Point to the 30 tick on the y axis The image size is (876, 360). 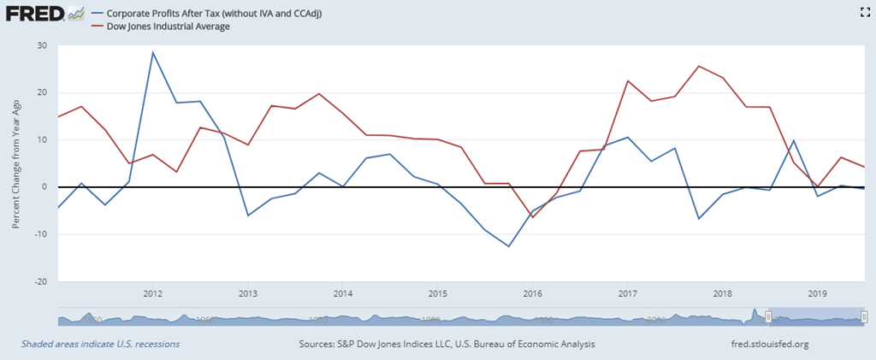[x=42, y=45]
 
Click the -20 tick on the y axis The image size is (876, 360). [x=40, y=280]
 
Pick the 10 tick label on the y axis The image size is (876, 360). [x=42, y=139]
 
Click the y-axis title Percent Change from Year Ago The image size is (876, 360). [x=17, y=162]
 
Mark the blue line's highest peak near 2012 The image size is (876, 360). [x=153, y=52]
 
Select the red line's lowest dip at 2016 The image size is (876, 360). [x=531, y=217]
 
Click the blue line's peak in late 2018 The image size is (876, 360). [x=793, y=140]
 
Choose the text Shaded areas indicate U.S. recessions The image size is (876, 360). [x=100, y=344]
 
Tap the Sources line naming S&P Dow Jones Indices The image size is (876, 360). [x=447, y=344]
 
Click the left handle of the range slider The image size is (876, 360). [x=768, y=318]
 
